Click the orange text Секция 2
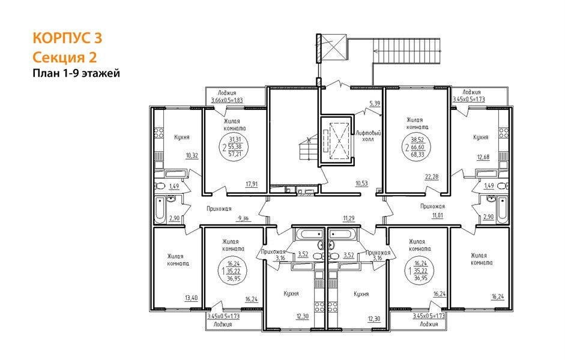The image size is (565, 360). pyautogui.click(x=65, y=57)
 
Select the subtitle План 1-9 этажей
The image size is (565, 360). pyautogui.click(x=76, y=73)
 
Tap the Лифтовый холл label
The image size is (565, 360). pyautogui.click(x=368, y=136)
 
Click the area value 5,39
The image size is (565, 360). pyautogui.click(x=375, y=104)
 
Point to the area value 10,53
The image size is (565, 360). pyautogui.click(x=362, y=183)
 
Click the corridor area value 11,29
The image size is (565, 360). pyautogui.click(x=349, y=218)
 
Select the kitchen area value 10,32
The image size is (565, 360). pyautogui.click(x=192, y=155)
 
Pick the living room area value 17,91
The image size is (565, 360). pyautogui.click(x=252, y=184)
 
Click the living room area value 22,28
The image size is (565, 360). pyautogui.click(x=432, y=176)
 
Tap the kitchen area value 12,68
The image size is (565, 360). pyautogui.click(x=483, y=157)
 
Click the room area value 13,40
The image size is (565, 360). pyautogui.click(x=191, y=298)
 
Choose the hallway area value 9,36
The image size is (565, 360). pyautogui.click(x=243, y=218)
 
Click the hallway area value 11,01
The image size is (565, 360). pyautogui.click(x=438, y=215)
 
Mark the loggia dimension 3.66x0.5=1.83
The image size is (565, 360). pyautogui.click(x=227, y=100)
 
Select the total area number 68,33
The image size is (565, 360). pyautogui.click(x=418, y=154)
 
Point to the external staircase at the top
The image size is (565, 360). pyautogui.click(x=407, y=51)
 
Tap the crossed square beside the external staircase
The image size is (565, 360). pyautogui.click(x=334, y=46)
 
